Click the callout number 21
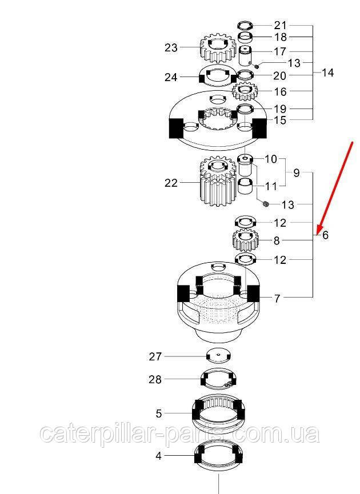pyautogui.click(x=280, y=25)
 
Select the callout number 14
pyautogui.click(x=327, y=73)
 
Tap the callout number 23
pyautogui.click(x=171, y=48)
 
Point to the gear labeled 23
pyautogui.click(x=218, y=49)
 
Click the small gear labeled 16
pyautogui.click(x=245, y=91)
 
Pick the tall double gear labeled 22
pyautogui.click(x=218, y=182)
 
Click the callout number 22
pyautogui.click(x=171, y=183)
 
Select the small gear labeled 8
pyautogui.click(x=246, y=240)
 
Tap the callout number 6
pyautogui.click(x=325, y=235)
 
